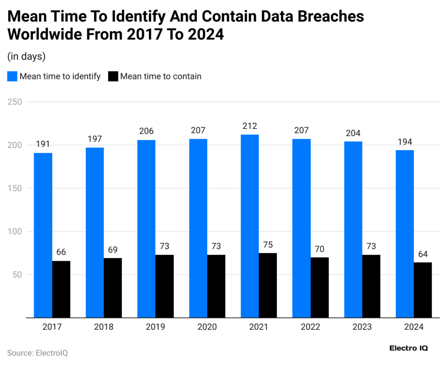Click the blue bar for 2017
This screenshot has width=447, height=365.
click(x=43, y=235)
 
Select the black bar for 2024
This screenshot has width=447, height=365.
click(x=423, y=290)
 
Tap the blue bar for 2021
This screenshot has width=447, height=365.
click(x=250, y=226)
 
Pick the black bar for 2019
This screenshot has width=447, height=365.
click(x=165, y=287)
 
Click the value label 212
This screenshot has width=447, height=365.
click(x=250, y=126)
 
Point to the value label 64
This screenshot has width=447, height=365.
click(x=423, y=254)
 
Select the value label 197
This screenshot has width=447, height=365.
click(x=95, y=139)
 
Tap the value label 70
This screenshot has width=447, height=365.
click(x=320, y=249)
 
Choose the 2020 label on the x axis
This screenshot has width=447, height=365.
click(x=207, y=327)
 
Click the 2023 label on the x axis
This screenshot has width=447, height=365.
click(x=362, y=327)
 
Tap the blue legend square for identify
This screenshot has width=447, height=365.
click(x=12, y=76)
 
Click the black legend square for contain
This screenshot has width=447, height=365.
click(x=113, y=76)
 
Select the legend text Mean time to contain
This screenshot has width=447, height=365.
click(x=161, y=76)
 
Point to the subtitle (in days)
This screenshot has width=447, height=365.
click(x=27, y=56)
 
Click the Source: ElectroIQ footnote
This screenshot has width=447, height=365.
click(x=38, y=353)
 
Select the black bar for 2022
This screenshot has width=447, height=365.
click(x=320, y=288)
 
